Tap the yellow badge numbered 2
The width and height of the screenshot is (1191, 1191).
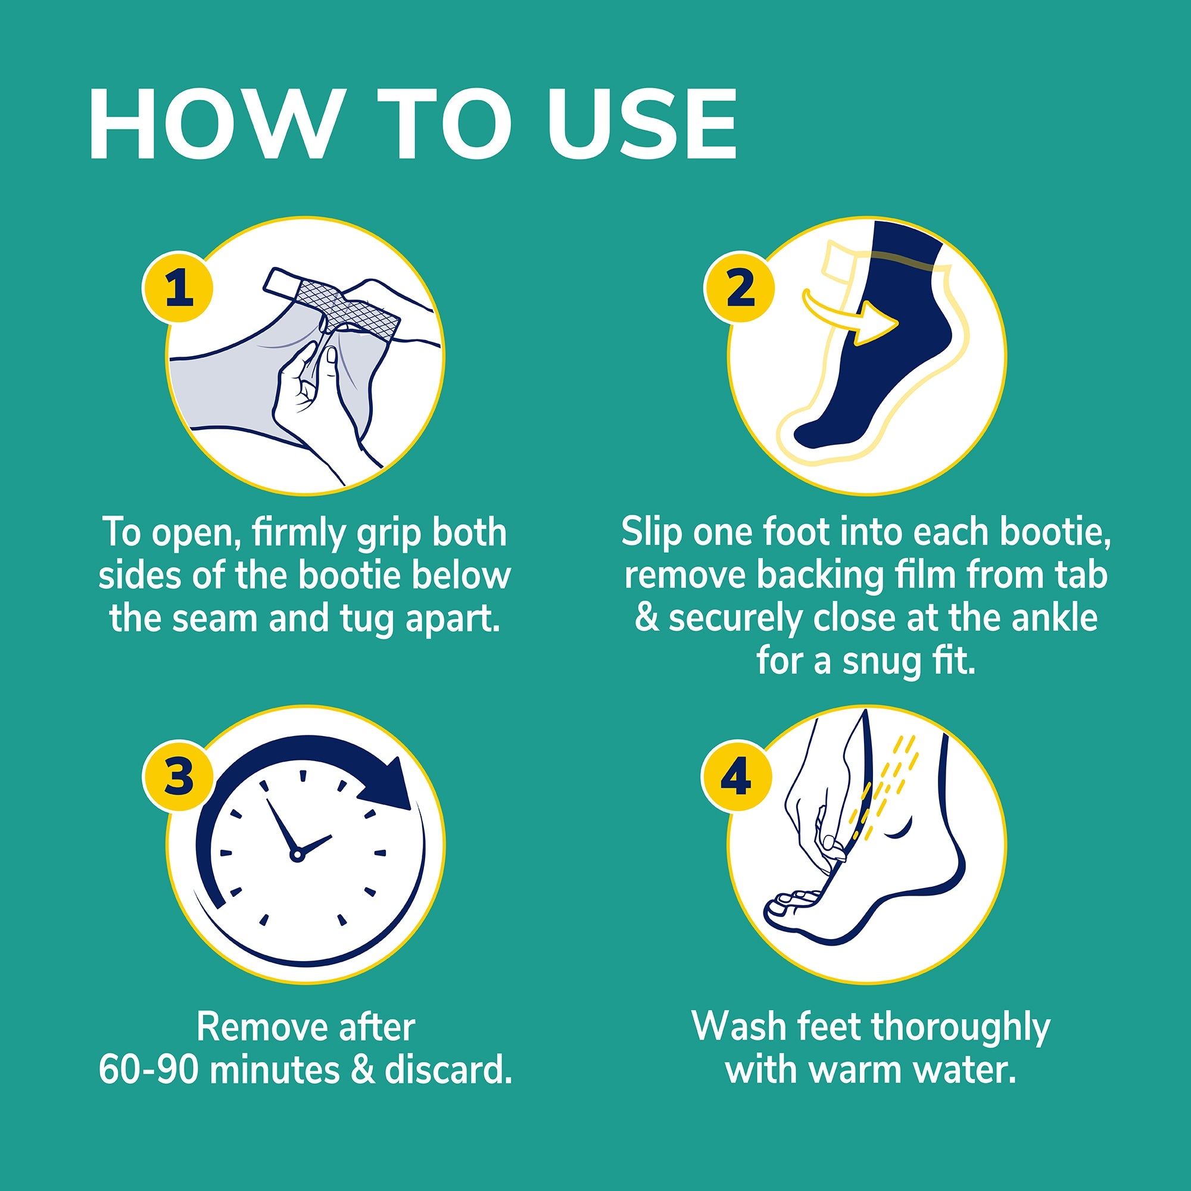(739, 286)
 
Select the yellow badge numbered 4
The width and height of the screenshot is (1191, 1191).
(736, 775)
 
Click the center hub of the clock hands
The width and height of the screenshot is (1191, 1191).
(297, 855)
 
